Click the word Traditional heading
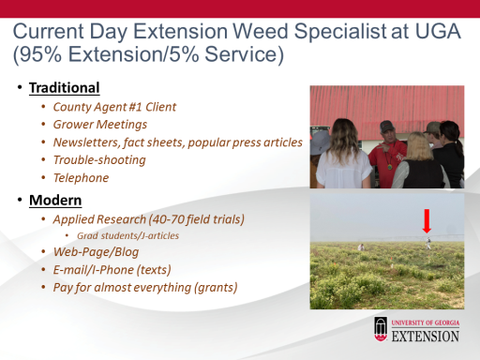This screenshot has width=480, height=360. pyautogui.click(x=65, y=88)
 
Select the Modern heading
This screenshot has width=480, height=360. pyautogui.click(x=55, y=201)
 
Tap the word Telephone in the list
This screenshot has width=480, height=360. pyautogui.click(x=81, y=178)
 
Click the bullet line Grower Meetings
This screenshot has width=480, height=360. pyautogui.click(x=100, y=125)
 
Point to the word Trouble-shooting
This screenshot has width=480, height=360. pyautogui.click(x=99, y=160)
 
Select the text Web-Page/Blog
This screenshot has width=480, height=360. pyautogui.click(x=96, y=252)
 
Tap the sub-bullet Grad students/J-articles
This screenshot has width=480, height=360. pyautogui.click(x=128, y=235)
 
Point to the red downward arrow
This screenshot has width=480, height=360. pyautogui.click(x=427, y=221)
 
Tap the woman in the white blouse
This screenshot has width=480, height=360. pyautogui.click(x=343, y=155)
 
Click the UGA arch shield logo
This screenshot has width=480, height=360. pyautogui.click(x=381, y=329)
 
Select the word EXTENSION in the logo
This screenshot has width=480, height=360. pyautogui.click(x=426, y=337)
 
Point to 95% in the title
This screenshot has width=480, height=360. pyautogui.click(x=39, y=53)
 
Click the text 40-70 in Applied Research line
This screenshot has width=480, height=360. pyautogui.click(x=168, y=219)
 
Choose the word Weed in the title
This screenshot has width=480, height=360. pyautogui.click(x=261, y=31)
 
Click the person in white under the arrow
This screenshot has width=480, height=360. pyautogui.click(x=428, y=243)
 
